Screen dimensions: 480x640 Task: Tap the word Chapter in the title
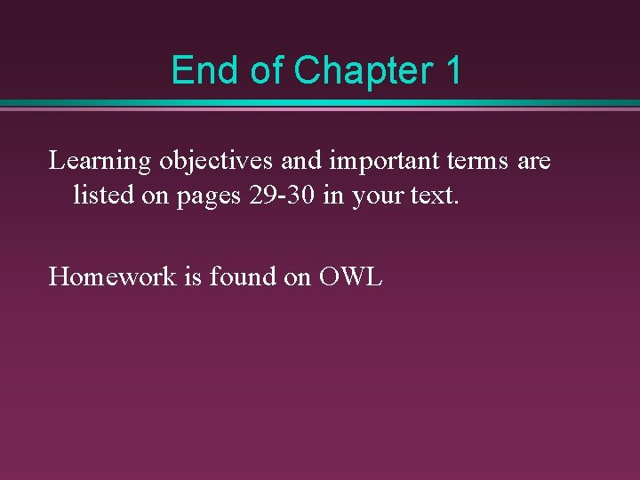pos(360,70)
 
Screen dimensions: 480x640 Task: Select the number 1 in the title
pos(452,70)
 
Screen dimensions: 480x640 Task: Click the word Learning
pos(100,163)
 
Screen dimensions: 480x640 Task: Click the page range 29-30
pos(283,195)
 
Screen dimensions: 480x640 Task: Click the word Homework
pos(112,276)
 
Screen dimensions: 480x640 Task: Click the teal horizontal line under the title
pos(320,103)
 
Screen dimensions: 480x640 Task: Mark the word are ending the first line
pos(533,163)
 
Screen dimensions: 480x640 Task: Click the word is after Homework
pos(193,276)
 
